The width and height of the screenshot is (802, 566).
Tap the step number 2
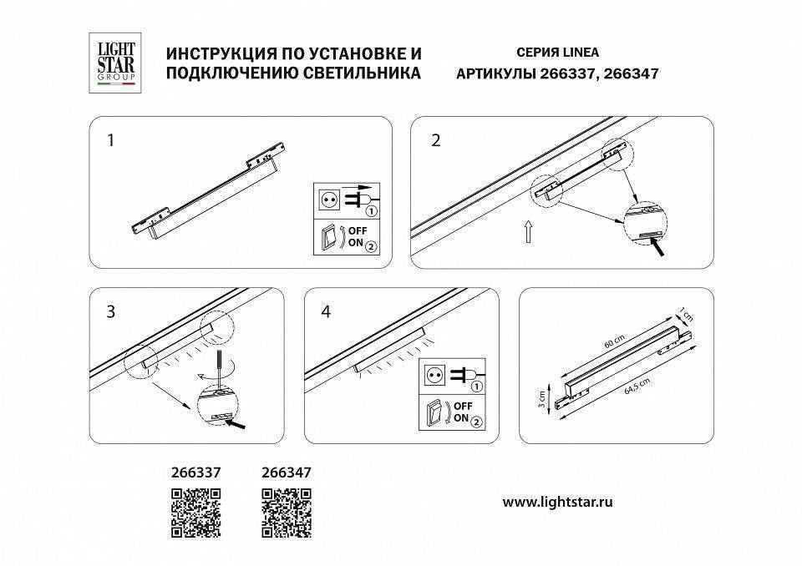[434, 140]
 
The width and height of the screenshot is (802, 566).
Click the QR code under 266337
[196, 513]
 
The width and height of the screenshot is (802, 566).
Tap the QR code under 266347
[287, 513]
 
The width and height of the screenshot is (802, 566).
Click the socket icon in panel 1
[327, 200]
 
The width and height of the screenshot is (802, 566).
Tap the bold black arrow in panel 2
[661, 247]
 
